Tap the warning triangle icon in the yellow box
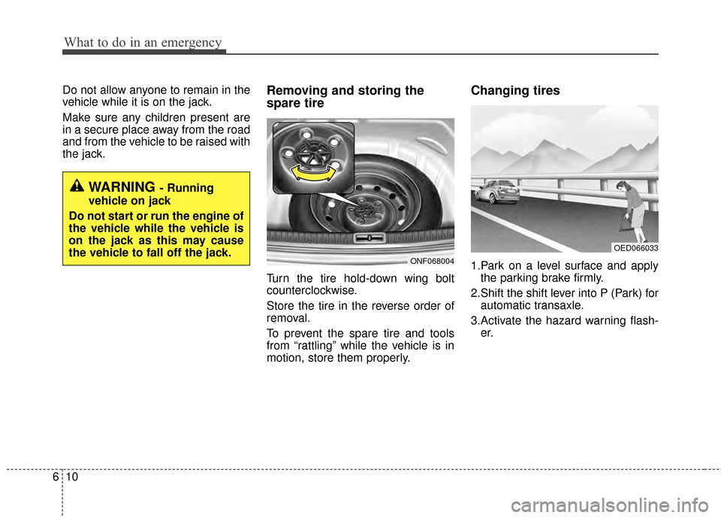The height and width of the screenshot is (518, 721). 78,187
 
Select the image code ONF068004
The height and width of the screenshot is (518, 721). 431,261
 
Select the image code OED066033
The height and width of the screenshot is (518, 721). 635,248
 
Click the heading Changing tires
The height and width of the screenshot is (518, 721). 514,90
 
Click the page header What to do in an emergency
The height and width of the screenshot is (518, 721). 143,43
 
